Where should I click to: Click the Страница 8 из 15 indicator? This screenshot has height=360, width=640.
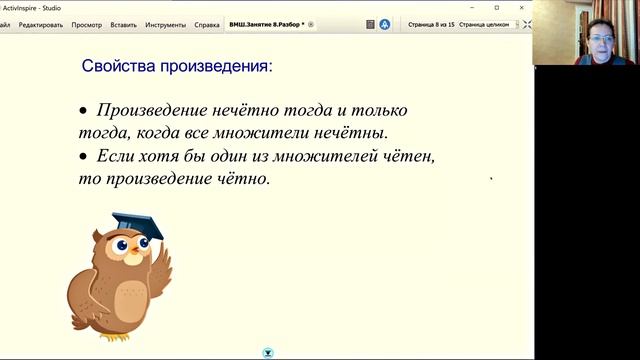pyautogui.click(x=430, y=24)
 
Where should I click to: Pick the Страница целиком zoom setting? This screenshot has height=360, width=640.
pyautogui.click(x=484, y=24)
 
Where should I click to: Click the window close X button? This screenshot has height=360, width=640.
pyautogui.click(x=521, y=7)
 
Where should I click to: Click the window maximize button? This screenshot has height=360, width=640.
pyautogui.click(x=497, y=7)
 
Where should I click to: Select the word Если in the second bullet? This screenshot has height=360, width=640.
pyautogui.click(x=116, y=157)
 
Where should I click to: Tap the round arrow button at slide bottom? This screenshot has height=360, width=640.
pyautogui.click(x=268, y=352)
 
